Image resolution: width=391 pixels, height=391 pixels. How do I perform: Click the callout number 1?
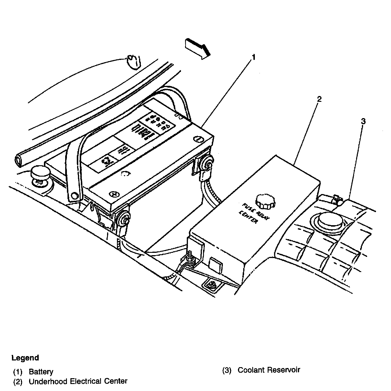(253, 57)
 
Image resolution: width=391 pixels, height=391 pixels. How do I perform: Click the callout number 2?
(319, 99)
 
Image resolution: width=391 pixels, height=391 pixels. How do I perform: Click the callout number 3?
(363, 121)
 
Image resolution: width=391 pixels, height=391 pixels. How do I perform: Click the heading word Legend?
(25, 358)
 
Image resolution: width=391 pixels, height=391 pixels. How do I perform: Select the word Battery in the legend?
(41, 372)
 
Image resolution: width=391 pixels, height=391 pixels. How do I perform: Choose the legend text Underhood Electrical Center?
(78, 381)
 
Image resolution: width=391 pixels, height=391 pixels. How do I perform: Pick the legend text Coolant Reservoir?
(269, 370)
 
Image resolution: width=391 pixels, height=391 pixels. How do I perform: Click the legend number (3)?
(227, 370)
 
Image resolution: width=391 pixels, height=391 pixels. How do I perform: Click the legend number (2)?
(18, 381)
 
